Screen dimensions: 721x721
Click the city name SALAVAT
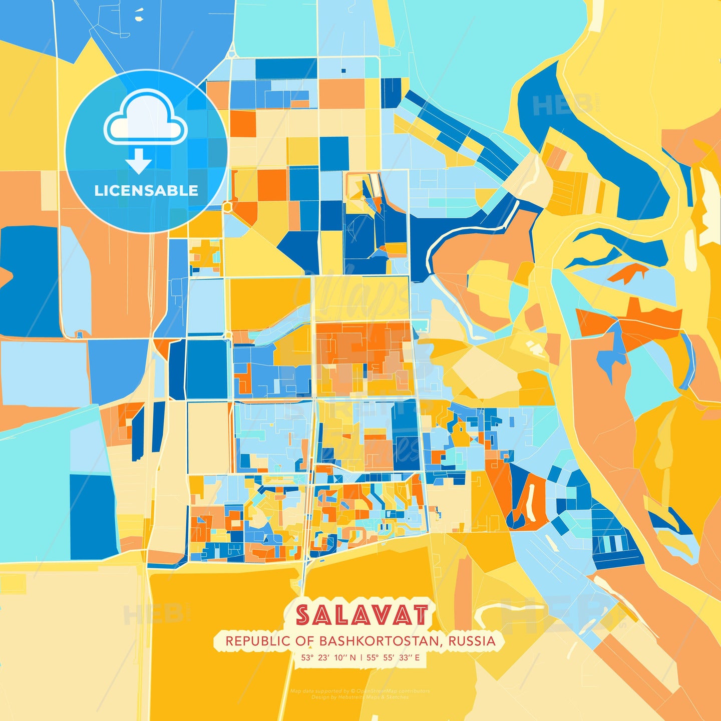pyautogui.click(x=362, y=615)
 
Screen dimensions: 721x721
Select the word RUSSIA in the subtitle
pyautogui.click(x=472, y=641)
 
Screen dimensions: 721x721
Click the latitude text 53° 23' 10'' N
pyautogui.click(x=328, y=657)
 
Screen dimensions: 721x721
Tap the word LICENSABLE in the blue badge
pyautogui.click(x=146, y=191)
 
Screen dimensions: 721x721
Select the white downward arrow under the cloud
pyautogui.click(x=139, y=161)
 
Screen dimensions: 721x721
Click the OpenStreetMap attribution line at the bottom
pyautogui.click(x=359, y=691)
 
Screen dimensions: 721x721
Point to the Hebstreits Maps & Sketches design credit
pyautogui.click(x=359, y=697)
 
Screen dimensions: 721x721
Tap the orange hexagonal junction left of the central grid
pyautogui.click(x=228, y=206)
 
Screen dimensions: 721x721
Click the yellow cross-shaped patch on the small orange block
pyautogui.click(x=204, y=250)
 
